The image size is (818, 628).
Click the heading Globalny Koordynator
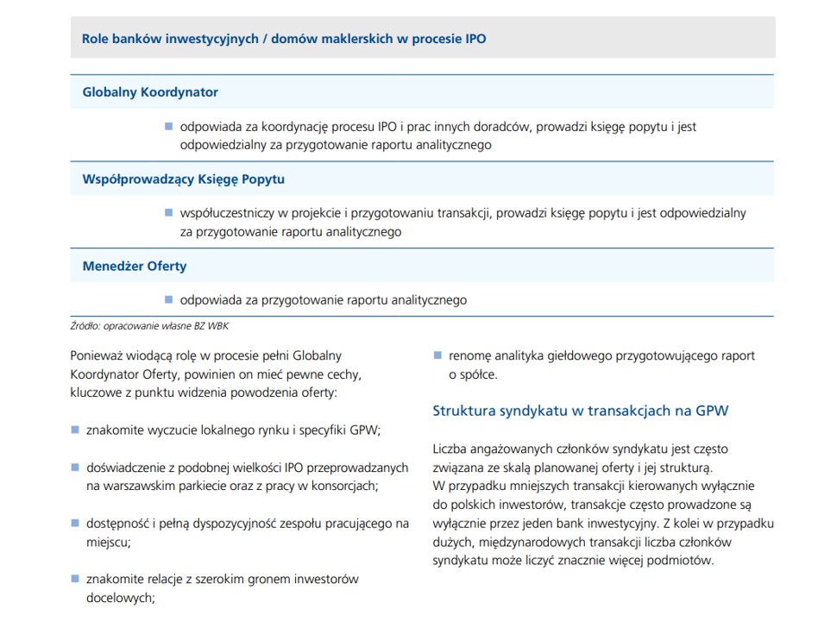click(x=150, y=91)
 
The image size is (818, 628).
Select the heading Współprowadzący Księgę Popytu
click(x=183, y=179)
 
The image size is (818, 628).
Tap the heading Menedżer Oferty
click(x=134, y=266)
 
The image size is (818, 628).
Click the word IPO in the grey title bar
click(x=475, y=40)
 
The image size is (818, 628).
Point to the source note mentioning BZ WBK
click(x=149, y=325)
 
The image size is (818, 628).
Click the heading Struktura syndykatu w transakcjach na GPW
click(x=580, y=411)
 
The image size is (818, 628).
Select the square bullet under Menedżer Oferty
click(x=169, y=299)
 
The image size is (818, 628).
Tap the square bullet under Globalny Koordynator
click(x=169, y=126)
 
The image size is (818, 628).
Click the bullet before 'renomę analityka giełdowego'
click(x=437, y=355)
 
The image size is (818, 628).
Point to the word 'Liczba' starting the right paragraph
click(x=451, y=449)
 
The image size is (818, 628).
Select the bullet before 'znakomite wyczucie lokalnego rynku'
click(x=75, y=429)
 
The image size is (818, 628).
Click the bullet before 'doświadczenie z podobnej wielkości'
click(x=75, y=467)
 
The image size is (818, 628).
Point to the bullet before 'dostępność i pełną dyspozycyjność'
click(x=75, y=523)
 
